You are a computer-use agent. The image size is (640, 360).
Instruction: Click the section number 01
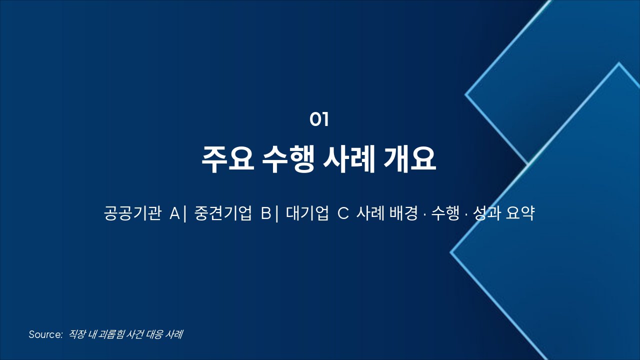click(x=319, y=120)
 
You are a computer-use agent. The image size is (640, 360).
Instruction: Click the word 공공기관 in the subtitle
click(x=132, y=213)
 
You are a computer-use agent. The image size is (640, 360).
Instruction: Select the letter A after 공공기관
click(x=174, y=213)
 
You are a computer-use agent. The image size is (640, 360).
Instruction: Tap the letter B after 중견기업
click(x=266, y=213)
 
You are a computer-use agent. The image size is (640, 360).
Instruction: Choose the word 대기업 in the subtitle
click(x=307, y=213)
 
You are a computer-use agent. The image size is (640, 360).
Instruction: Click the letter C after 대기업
click(x=343, y=213)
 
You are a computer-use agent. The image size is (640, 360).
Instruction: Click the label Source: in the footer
click(x=45, y=334)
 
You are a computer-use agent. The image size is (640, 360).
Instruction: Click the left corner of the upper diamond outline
click(x=466, y=93)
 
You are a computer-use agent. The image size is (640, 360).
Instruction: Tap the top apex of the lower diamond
click(x=619, y=63)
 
